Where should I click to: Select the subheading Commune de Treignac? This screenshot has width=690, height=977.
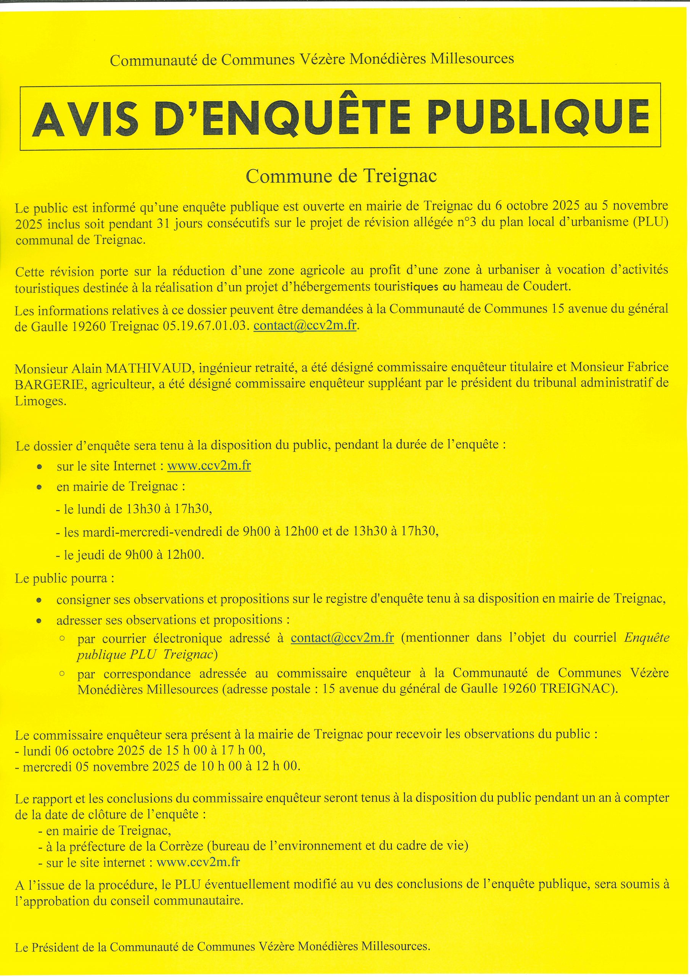(x=342, y=176)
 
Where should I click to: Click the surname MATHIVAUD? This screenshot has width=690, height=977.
(x=148, y=366)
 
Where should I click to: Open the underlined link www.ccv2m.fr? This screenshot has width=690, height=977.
(x=209, y=466)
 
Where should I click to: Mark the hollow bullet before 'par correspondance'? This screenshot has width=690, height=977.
(x=62, y=674)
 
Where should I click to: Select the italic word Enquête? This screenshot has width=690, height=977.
(x=647, y=638)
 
